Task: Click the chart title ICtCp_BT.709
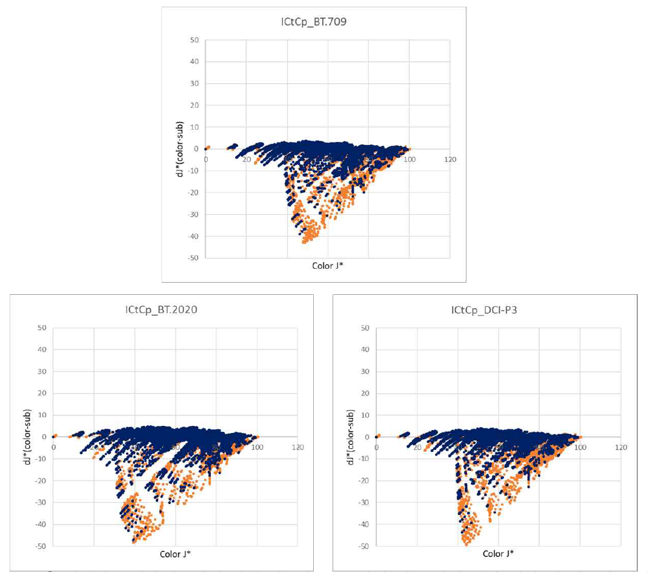[x=313, y=23]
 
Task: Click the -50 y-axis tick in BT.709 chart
[x=194, y=258]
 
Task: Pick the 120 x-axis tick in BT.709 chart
[x=449, y=160]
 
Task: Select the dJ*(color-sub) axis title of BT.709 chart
[x=179, y=149]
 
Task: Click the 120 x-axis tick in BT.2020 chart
[x=297, y=448]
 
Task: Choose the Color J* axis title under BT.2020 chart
[x=176, y=554]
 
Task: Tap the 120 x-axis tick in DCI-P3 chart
[x=621, y=448]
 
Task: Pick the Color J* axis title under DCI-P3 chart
[x=499, y=554]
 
